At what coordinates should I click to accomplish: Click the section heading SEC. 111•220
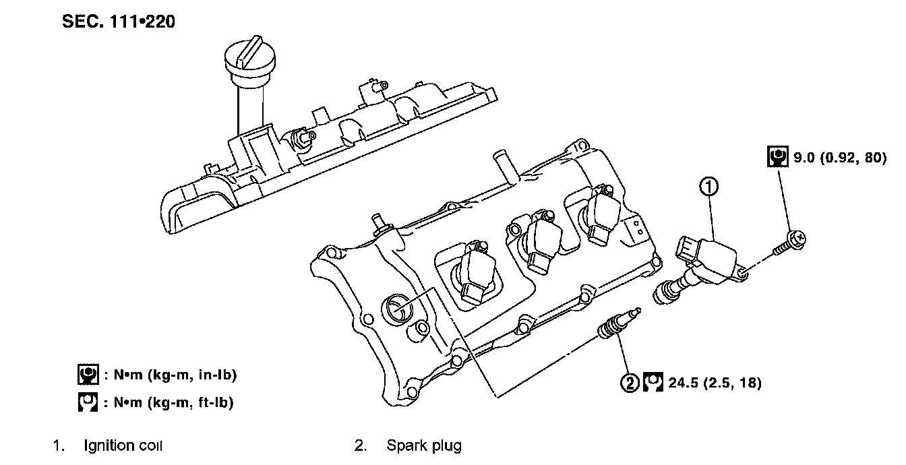pyautogui.click(x=118, y=22)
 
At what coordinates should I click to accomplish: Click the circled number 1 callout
pyautogui.click(x=708, y=187)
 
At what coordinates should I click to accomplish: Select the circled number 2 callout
pyautogui.click(x=630, y=383)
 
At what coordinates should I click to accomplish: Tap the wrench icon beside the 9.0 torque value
pyautogui.click(x=777, y=157)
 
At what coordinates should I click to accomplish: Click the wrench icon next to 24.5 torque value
pyautogui.click(x=653, y=382)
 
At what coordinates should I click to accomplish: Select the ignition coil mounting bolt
pyautogui.click(x=789, y=243)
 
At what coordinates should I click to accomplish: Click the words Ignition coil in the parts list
pyautogui.click(x=123, y=445)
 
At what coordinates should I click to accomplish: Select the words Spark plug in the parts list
pyautogui.click(x=424, y=445)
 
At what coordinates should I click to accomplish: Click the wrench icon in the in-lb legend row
pyautogui.click(x=88, y=375)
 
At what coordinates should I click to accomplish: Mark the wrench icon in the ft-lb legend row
pyautogui.click(x=88, y=402)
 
